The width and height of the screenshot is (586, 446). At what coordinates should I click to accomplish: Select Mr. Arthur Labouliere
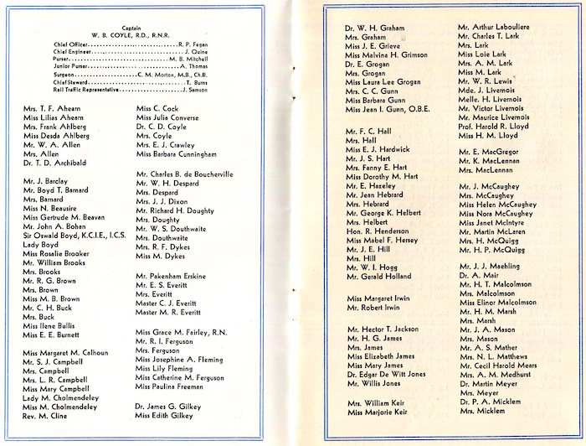(x=501, y=28)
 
